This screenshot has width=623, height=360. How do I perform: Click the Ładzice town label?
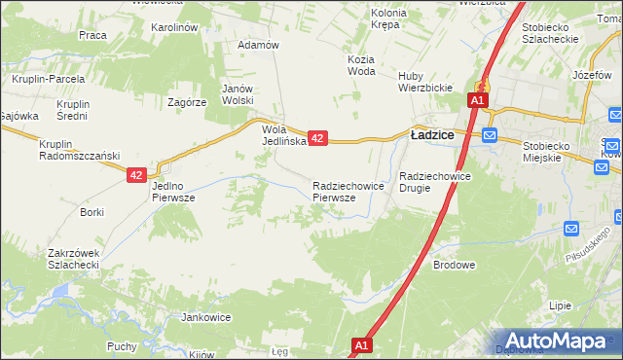click(x=433, y=137)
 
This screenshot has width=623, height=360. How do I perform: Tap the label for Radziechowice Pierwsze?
click(x=340, y=191)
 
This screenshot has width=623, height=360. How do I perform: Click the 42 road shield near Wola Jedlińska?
click(x=317, y=139)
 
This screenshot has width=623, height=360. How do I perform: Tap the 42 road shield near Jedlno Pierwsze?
click(x=136, y=175)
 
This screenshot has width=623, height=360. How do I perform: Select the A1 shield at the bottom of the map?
click(x=361, y=345)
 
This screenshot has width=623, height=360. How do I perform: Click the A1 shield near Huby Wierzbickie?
click(x=477, y=100)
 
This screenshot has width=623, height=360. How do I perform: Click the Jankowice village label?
click(x=205, y=317)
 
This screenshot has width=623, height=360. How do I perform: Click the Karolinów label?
click(x=175, y=28)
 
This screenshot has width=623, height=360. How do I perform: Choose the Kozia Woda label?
click(x=360, y=64)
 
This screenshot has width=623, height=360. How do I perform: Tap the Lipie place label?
click(x=560, y=306)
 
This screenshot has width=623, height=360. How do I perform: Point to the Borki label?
click(x=92, y=211)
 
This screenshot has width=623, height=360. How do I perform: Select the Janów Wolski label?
click(x=238, y=93)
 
